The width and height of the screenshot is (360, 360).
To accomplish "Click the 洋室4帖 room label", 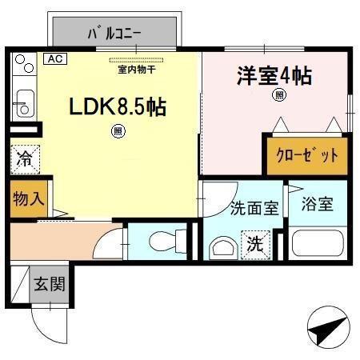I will click(x=274, y=77).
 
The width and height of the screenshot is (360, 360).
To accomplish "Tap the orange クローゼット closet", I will click(x=307, y=155).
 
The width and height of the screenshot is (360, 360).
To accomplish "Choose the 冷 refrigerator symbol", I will click(x=25, y=158).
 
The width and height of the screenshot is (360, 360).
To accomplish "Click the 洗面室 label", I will click(x=254, y=208).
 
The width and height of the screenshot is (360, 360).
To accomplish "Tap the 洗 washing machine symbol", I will click(x=253, y=242).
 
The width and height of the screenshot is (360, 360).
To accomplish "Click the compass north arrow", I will click(x=328, y=329).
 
